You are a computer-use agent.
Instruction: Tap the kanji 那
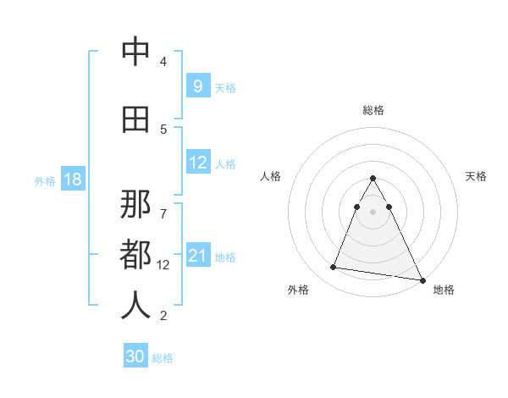[135, 203]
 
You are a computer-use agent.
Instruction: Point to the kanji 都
[135, 254]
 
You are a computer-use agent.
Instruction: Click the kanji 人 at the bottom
[135, 305]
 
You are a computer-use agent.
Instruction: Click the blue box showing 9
[197, 86]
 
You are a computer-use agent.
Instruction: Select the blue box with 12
[197, 163]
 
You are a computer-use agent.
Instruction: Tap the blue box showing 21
[197, 256]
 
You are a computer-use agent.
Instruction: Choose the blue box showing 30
[135, 357]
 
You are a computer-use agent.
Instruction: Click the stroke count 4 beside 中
[163, 62]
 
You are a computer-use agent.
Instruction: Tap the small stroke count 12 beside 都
[163, 265]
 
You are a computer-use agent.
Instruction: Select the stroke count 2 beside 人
[163, 316]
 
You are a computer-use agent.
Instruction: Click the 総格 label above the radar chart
[373, 110]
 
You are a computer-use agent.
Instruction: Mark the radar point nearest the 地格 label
[422, 280]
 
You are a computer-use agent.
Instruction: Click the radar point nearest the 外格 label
[334, 268]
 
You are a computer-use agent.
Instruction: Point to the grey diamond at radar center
[373, 211]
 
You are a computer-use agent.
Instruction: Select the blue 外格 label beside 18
[44, 180]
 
